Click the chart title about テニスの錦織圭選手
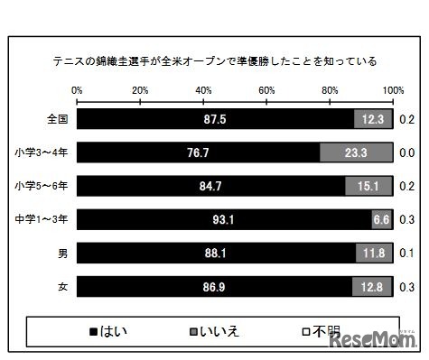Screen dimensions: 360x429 point(214,62)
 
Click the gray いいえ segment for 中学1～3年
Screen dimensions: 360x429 point(381,219)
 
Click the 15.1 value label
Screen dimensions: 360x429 point(368,186)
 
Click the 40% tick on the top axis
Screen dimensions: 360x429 point(203,90)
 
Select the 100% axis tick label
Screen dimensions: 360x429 point(393,90)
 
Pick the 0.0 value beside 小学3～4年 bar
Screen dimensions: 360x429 point(407,152)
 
